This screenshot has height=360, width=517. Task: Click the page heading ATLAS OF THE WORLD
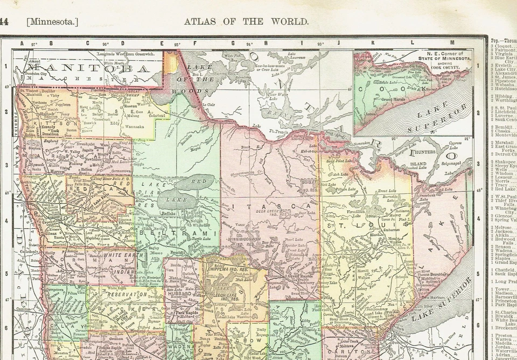tap(246, 22)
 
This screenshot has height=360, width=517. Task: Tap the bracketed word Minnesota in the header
tap(52, 22)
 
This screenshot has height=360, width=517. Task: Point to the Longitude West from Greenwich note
tap(125, 54)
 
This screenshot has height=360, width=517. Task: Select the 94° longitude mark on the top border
tap(249, 44)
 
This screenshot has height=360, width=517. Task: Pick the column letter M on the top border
tap(452, 43)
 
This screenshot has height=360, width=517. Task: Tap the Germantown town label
tap(119, 171)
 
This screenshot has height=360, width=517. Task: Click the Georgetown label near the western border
tap(56, 289)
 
